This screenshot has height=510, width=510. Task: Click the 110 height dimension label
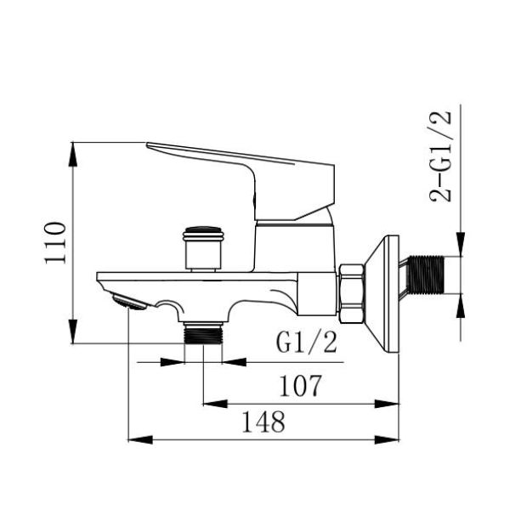(55, 243)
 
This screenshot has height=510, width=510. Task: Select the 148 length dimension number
(263, 422)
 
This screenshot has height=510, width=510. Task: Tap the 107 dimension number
(301, 386)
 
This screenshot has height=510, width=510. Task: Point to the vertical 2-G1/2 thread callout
(440, 156)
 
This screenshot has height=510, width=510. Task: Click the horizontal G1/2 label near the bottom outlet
(306, 343)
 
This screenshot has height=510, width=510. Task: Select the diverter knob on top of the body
(203, 249)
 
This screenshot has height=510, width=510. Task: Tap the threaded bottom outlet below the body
(203, 332)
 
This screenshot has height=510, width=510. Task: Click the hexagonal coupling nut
(352, 294)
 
